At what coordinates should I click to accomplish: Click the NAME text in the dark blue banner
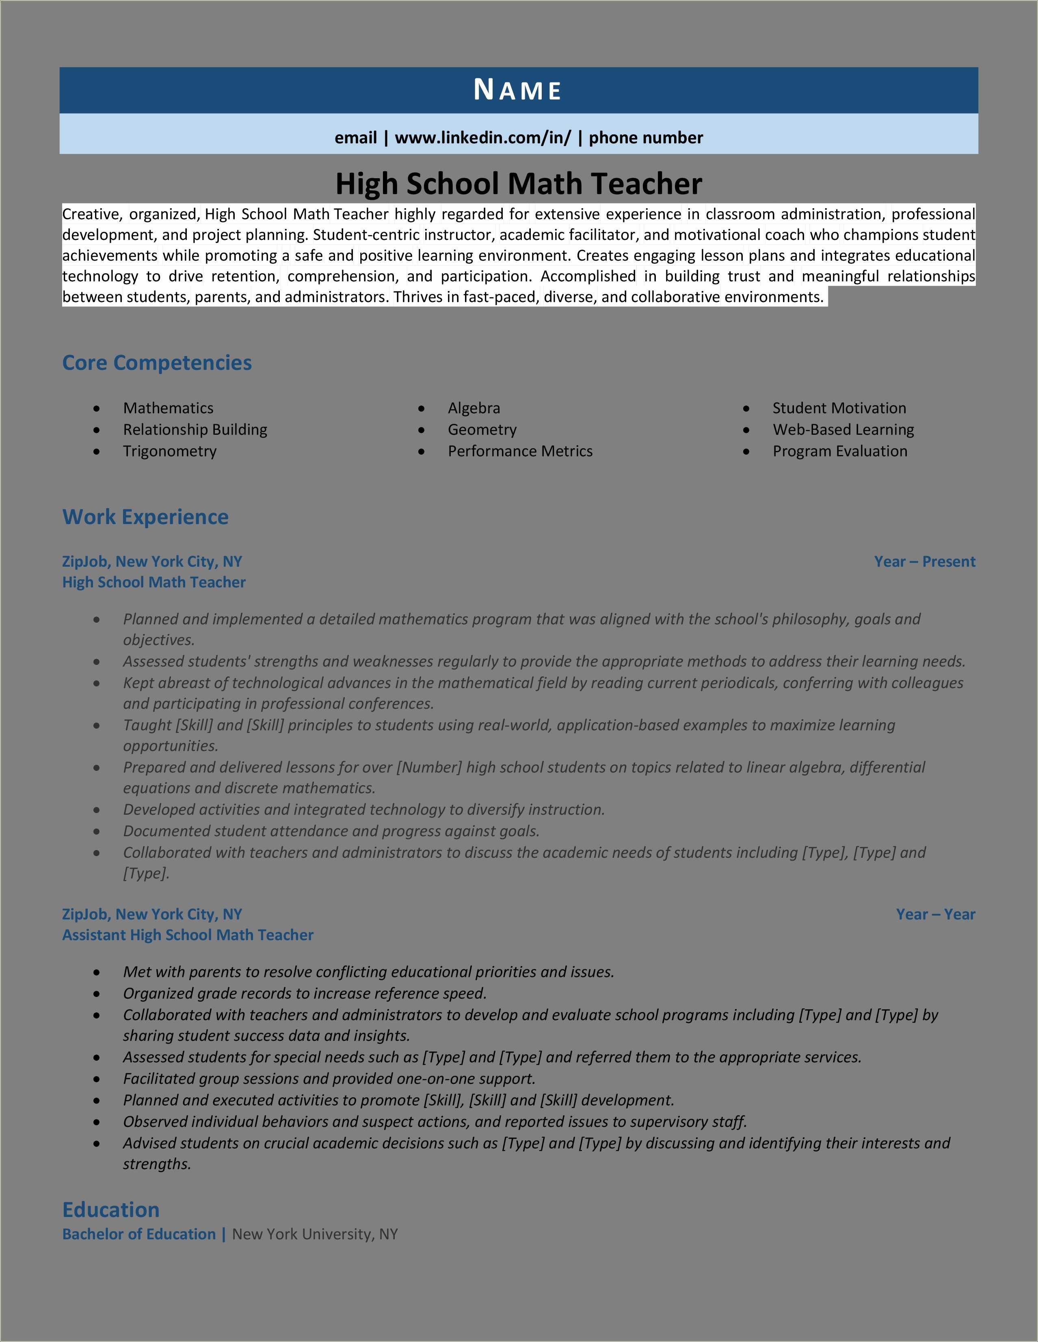pos(517,91)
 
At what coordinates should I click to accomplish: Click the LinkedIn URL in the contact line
pos(482,138)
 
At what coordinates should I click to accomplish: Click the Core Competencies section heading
pos(157,362)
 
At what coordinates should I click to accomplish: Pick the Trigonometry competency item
pos(170,451)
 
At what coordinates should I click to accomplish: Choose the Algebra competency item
pos(474,408)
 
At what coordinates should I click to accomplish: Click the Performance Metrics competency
pos(520,451)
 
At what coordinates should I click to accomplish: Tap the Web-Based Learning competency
pos(843,429)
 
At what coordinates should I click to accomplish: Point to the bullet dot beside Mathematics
pos(97,409)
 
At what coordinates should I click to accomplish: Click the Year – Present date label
pos(924,562)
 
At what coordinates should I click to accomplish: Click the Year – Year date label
pos(935,914)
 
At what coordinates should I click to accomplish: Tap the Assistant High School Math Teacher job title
pos(188,935)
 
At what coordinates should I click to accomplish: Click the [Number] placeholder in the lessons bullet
pos(429,768)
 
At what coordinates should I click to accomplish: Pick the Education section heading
pos(110,1210)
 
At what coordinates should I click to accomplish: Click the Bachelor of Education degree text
pos(139,1234)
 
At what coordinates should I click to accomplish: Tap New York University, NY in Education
pos(315,1234)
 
